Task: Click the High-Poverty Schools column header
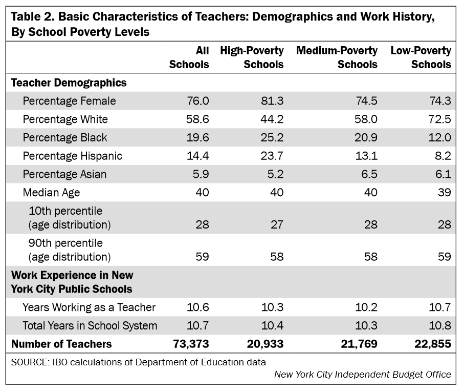252,57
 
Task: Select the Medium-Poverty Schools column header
337,57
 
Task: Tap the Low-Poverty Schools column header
421,57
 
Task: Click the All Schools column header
189,57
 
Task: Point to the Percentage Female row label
69,101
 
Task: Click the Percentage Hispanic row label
72,156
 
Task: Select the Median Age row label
51,193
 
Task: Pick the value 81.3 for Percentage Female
273,101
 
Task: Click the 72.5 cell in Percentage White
440,119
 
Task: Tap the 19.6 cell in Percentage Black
198,138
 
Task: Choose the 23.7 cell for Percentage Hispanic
273,156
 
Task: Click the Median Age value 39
444,193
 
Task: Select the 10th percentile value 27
277,224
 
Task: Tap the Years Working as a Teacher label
89,307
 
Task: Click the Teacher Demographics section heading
69,82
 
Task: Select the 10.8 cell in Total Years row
440,325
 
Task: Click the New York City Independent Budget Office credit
362,375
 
